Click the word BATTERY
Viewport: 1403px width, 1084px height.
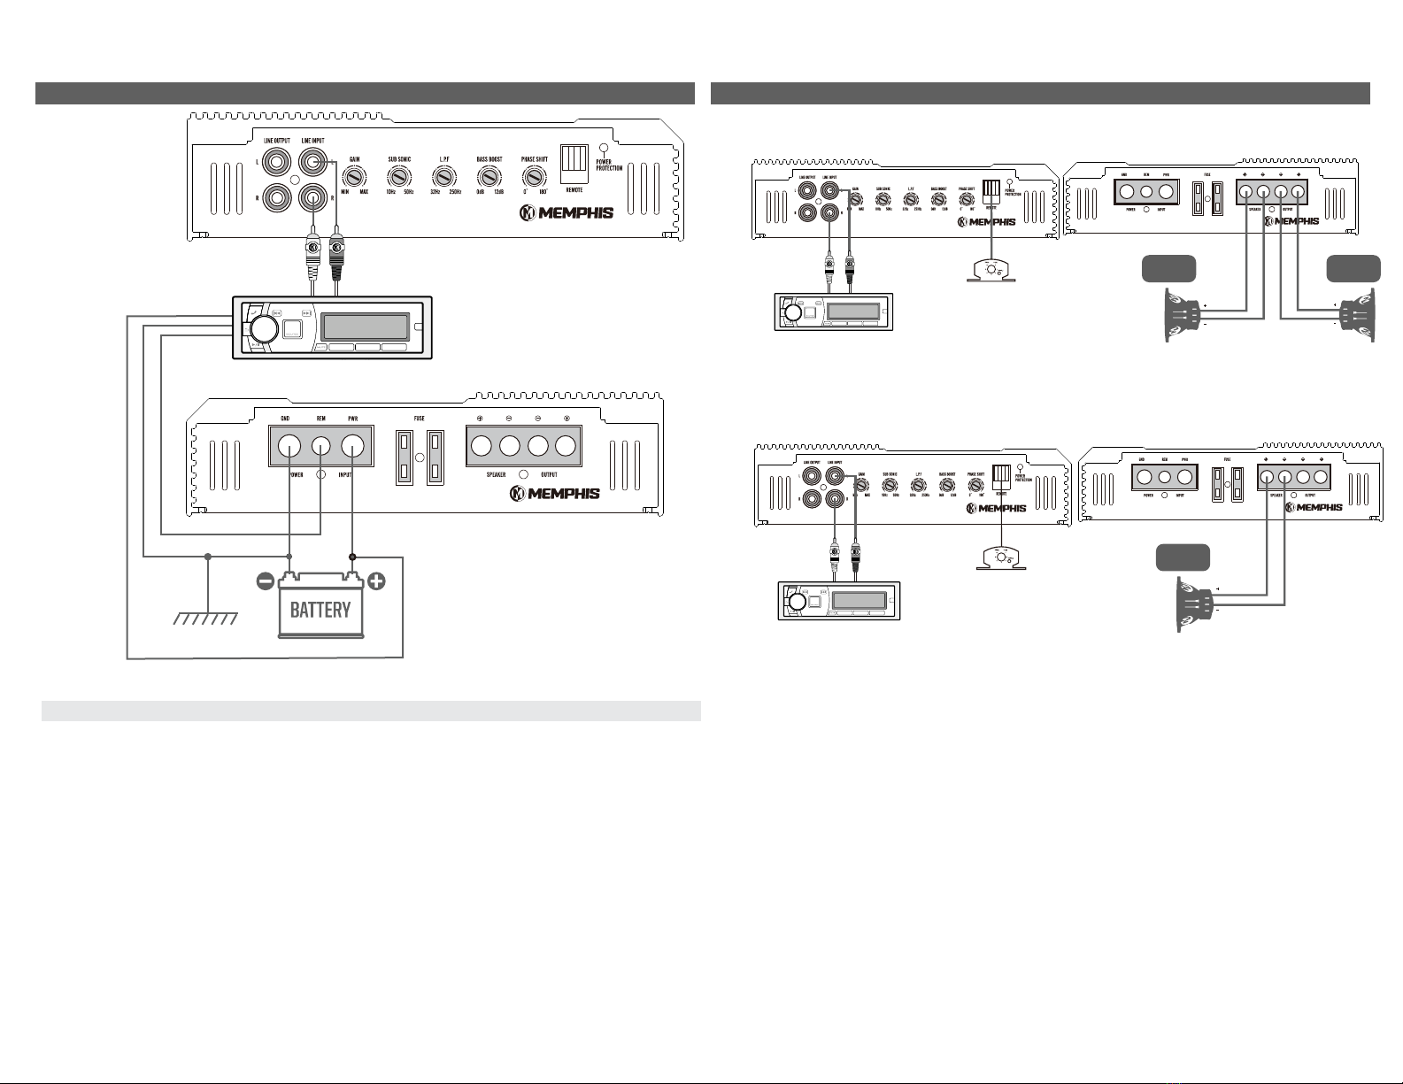320,610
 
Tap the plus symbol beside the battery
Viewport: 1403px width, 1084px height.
377,582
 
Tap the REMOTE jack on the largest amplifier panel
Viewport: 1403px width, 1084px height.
574,164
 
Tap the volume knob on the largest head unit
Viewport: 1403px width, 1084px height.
261,328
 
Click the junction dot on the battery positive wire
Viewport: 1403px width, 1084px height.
352,557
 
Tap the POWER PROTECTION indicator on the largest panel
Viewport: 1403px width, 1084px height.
604,149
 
